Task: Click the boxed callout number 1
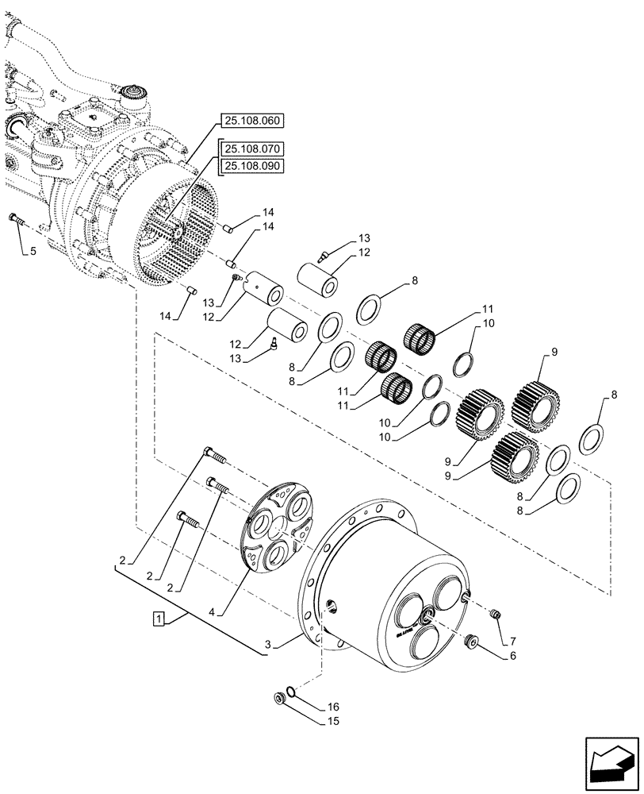(159, 619)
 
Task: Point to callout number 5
(33, 252)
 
